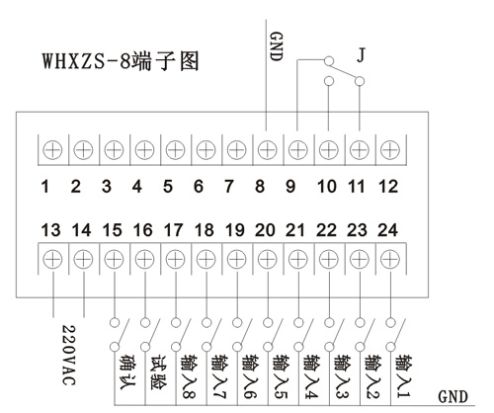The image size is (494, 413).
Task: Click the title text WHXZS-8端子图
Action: click(x=121, y=61)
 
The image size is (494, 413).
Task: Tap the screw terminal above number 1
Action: click(x=52, y=150)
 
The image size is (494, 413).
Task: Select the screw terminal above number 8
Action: click(x=268, y=150)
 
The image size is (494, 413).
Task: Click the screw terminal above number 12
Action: click(x=390, y=150)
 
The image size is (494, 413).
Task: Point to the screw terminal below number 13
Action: click(x=52, y=259)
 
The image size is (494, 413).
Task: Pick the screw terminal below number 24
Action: click(x=390, y=259)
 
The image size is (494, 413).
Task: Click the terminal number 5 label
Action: click(x=168, y=187)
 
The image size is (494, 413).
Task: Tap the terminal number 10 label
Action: click(x=327, y=187)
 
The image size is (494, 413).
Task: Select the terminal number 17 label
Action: click(x=173, y=230)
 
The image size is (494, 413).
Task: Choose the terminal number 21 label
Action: click(x=295, y=230)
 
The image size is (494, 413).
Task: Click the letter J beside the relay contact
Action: click(x=362, y=54)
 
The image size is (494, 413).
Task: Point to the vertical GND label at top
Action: click(x=276, y=46)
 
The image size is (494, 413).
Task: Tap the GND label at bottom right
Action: click(x=453, y=396)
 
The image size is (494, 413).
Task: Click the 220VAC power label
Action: click(x=69, y=355)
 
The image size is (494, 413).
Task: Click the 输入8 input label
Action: click(x=189, y=376)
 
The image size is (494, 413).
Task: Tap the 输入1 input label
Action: click(x=403, y=375)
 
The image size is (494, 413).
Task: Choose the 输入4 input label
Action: click(x=311, y=376)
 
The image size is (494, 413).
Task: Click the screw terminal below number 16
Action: click(x=144, y=259)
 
